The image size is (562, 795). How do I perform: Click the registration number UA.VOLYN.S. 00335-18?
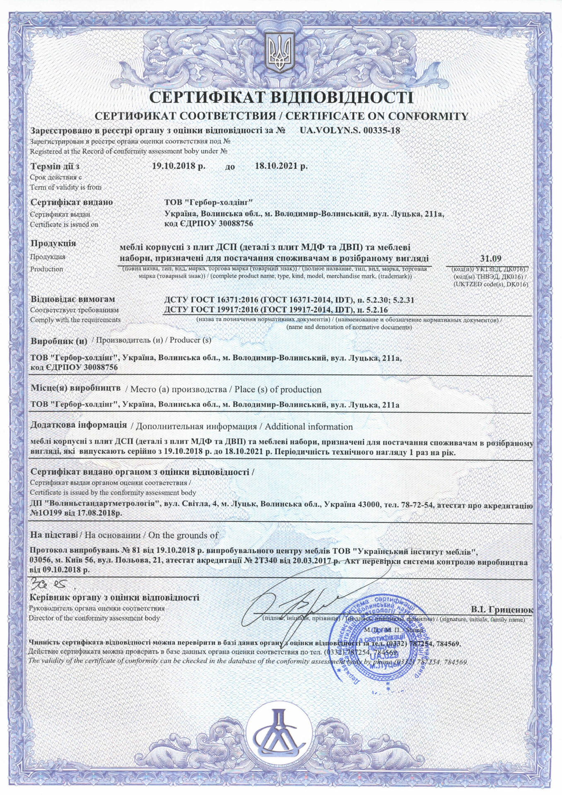(x=350, y=130)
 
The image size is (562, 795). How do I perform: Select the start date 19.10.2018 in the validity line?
(x=178, y=166)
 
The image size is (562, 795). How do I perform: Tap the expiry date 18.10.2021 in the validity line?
(x=281, y=166)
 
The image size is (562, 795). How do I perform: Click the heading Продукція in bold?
(x=53, y=243)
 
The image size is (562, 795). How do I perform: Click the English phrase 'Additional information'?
(x=309, y=426)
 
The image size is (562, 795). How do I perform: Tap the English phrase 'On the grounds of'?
(x=183, y=535)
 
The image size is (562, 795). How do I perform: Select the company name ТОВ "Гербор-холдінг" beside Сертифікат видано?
(x=208, y=202)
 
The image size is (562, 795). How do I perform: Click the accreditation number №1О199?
(x=47, y=513)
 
